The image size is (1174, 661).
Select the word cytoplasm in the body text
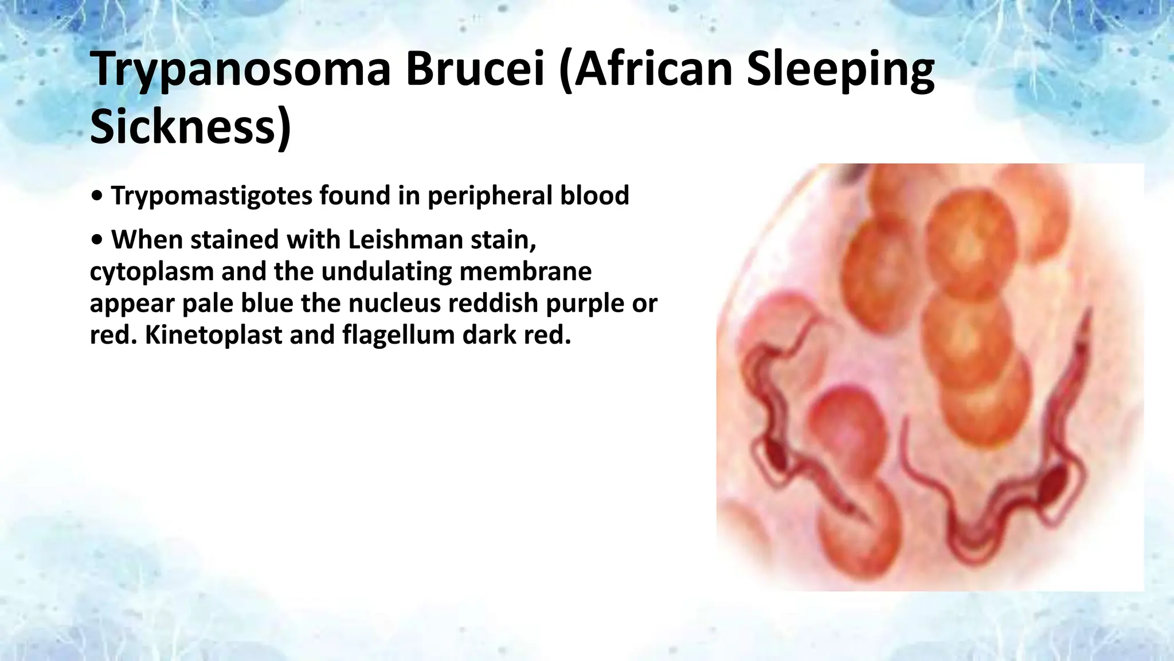click(x=151, y=271)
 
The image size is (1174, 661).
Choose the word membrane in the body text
click(x=525, y=271)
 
